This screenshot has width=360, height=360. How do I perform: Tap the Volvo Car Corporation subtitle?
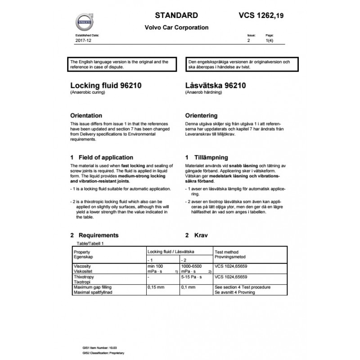(176, 27)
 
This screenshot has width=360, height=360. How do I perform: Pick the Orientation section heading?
(86, 116)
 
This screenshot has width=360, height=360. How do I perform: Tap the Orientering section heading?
(201, 116)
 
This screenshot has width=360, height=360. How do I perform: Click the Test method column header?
(227, 252)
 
